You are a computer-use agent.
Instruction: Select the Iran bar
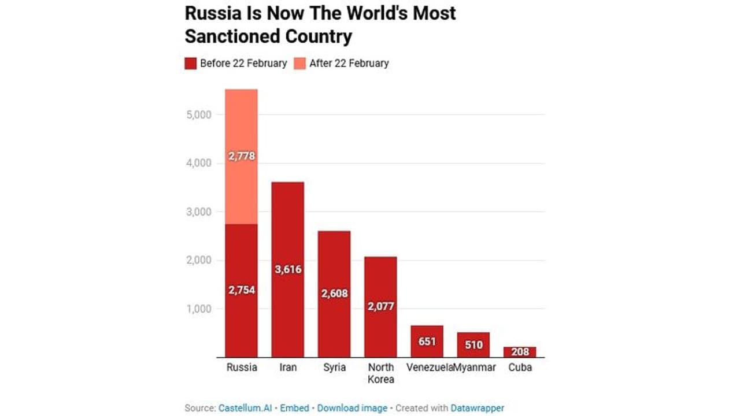coord(287,231)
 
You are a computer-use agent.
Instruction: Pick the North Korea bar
coord(380,277)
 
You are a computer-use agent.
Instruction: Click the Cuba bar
coord(520,352)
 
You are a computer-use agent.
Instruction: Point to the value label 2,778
coord(241,156)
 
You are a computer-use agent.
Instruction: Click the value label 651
coord(427,341)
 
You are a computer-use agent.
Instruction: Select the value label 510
coord(473,345)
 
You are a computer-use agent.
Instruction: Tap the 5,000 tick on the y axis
coord(198,114)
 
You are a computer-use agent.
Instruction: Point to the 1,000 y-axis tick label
coord(198,309)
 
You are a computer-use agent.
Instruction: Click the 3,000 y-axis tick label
coord(198,211)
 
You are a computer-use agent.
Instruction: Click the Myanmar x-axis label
coord(475,367)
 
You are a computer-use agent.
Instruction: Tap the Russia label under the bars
coord(241,367)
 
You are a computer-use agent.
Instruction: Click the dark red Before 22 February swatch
coord(191,64)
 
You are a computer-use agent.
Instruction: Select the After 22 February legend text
coord(349,64)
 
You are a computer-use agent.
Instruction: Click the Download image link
coord(352,408)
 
